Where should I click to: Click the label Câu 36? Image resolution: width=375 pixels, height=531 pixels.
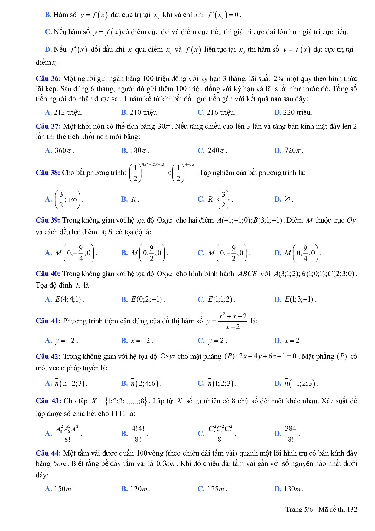point(48,79)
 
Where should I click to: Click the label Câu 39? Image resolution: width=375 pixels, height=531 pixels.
point(48,220)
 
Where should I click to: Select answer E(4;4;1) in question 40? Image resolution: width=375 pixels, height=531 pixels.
point(69,299)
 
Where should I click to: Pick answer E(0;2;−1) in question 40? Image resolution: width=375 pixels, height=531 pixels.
point(148,299)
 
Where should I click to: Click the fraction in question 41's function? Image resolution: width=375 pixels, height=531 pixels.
point(233,321)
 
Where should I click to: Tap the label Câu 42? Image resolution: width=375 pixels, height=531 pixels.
point(48,357)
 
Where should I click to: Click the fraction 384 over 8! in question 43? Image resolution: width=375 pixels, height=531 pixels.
point(291,434)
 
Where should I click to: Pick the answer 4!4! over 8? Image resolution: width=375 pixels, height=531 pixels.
point(138,434)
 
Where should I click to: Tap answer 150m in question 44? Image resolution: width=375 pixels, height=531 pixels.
point(62,489)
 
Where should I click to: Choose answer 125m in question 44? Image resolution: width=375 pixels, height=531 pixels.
point(217,489)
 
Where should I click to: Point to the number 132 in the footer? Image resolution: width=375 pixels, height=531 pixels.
point(352,510)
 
